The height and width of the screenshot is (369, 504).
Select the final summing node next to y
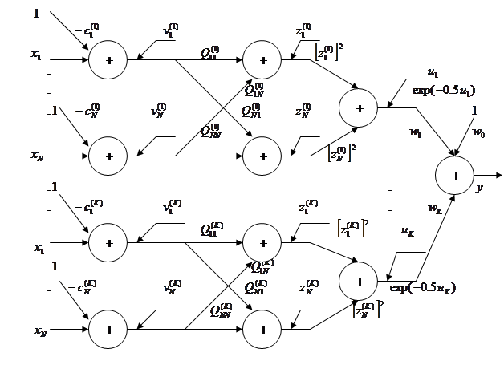[456, 175]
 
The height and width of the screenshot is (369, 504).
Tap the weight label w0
[478, 132]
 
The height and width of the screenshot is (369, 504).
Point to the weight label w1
[416, 132]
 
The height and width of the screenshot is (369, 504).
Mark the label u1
[433, 72]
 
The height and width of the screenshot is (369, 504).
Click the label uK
[407, 231]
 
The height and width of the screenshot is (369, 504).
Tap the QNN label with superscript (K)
[220, 310]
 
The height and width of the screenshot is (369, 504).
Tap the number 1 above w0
[474, 111]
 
